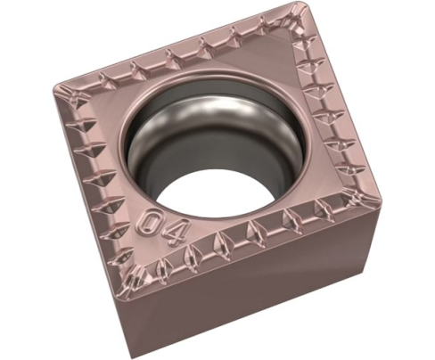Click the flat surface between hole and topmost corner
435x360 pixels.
[267, 53]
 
